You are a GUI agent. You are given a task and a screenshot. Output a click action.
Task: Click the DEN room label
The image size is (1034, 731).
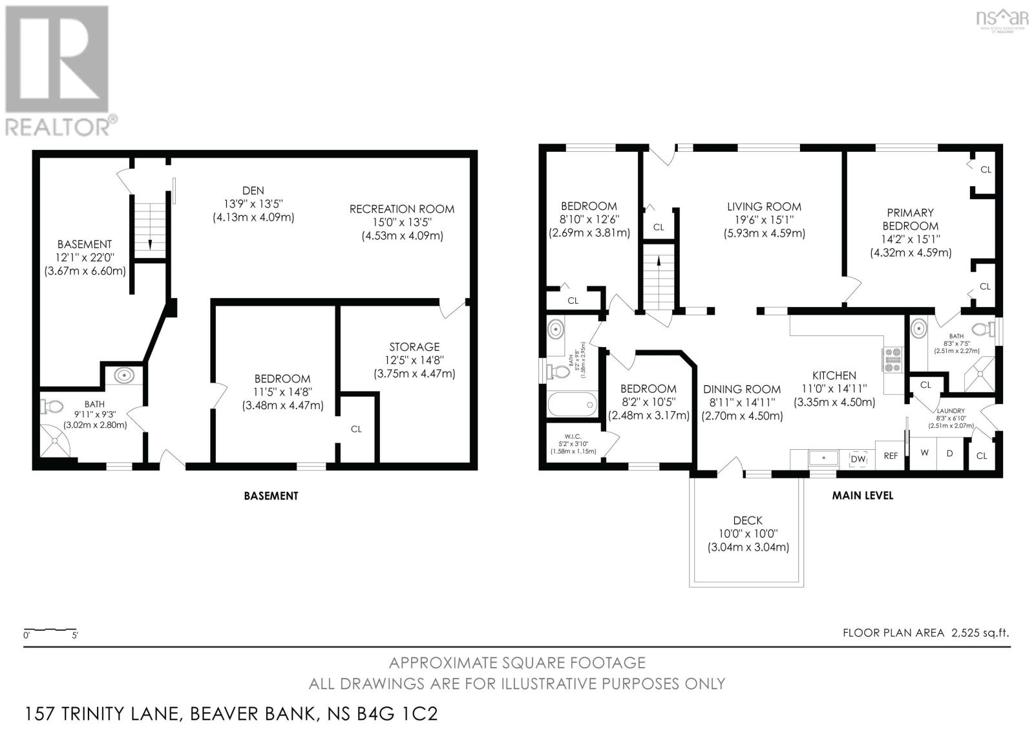[x=253, y=190]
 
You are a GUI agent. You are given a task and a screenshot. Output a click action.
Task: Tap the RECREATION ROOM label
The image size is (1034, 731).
[x=401, y=209]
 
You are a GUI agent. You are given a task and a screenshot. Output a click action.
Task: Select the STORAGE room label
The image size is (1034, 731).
[x=414, y=347]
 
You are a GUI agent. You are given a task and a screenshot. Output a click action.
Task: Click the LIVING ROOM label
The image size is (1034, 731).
[x=764, y=207]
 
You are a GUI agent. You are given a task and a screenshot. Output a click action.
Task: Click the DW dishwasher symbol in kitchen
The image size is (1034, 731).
[x=858, y=458]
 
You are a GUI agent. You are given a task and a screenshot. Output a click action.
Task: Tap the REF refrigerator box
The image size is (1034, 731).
[x=891, y=456]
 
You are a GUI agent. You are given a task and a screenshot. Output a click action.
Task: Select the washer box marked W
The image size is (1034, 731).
[x=925, y=453]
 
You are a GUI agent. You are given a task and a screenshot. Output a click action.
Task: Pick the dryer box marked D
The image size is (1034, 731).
[x=949, y=453]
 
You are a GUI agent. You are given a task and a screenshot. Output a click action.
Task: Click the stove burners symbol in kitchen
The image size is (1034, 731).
[x=893, y=359]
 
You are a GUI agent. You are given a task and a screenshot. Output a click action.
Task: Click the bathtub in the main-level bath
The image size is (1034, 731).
[x=571, y=405]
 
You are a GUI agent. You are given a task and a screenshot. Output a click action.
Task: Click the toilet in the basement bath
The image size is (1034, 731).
[x=51, y=407]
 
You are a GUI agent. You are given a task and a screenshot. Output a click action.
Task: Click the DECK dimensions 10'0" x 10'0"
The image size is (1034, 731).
[x=748, y=534]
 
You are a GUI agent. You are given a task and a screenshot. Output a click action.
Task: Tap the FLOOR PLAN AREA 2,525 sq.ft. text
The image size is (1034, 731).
[x=925, y=633]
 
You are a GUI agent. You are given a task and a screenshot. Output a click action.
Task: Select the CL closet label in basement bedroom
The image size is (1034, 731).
[x=356, y=429]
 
